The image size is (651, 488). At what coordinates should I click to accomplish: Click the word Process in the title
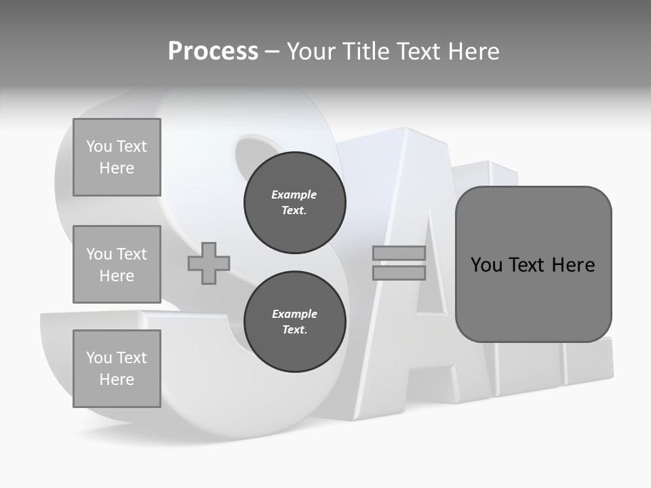coord(213,52)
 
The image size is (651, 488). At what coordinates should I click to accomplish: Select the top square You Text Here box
coord(117,157)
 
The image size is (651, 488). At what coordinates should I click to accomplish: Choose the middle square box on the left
coord(117,264)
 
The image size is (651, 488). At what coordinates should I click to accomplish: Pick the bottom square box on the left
coord(117,369)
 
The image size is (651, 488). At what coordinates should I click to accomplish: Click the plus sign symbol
coord(209,264)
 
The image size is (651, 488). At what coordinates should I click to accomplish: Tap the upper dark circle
coord(294,203)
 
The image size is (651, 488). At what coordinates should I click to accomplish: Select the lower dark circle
coord(294,322)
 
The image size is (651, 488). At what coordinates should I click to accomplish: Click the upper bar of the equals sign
coord(399,253)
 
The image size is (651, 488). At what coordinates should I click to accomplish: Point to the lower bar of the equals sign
coord(399,273)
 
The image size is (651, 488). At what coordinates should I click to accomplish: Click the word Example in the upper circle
coord(294,195)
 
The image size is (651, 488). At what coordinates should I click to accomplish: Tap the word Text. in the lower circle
coord(294,330)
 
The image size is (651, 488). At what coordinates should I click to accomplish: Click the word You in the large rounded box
coord(487,265)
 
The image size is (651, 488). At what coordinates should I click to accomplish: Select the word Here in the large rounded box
coord(573,265)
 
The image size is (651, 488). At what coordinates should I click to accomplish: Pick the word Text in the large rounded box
coord(528,265)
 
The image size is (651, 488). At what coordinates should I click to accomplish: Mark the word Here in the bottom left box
coord(117,380)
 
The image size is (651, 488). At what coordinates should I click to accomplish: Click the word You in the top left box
coord(98,146)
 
